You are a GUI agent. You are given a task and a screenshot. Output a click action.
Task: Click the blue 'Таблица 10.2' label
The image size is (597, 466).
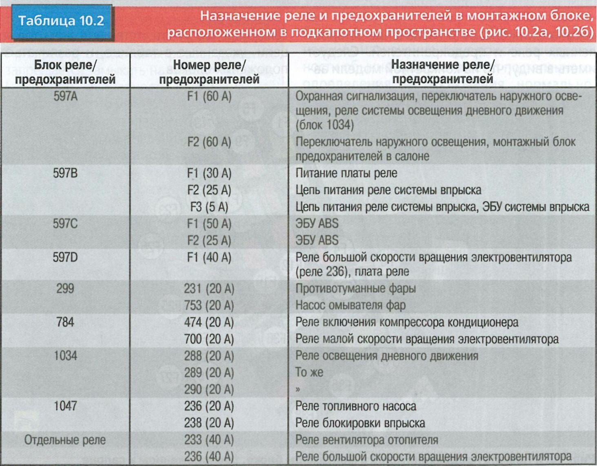[x=61, y=21]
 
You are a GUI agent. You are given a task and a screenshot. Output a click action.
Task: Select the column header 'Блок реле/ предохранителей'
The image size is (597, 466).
[x=65, y=72]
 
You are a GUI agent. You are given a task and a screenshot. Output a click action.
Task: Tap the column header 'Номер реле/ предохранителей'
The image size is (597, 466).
[x=209, y=72]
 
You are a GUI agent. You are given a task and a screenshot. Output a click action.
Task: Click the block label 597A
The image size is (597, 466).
[x=65, y=96]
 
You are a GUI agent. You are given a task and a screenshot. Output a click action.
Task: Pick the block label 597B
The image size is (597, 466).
[x=65, y=173]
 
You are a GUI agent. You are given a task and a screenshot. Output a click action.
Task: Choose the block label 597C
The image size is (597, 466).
[x=65, y=224]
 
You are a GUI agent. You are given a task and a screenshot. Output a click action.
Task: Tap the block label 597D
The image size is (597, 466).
[x=65, y=258]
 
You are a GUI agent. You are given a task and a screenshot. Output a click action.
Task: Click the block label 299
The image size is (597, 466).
[x=65, y=289]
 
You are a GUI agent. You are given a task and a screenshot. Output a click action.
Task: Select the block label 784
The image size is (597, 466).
[x=65, y=322]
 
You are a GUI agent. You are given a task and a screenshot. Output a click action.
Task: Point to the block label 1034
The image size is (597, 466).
[x=65, y=356]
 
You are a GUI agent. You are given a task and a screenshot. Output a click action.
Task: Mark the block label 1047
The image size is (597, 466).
[x=65, y=406]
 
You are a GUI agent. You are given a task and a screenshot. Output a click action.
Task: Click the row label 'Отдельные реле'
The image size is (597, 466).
[x=65, y=440]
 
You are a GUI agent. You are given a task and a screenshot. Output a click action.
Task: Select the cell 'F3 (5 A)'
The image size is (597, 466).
[x=209, y=207]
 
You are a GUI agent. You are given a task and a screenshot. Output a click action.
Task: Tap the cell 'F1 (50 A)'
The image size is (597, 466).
[x=209, y=224]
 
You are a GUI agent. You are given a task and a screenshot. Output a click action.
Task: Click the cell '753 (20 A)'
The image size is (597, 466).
[x=209, y=305]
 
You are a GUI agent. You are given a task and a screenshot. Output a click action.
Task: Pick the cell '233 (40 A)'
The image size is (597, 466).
[x=209, y=440]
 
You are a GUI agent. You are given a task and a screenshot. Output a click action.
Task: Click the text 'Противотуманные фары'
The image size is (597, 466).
[x=355, y=289]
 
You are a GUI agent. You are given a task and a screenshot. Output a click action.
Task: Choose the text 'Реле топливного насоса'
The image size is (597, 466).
[x=355, y=406]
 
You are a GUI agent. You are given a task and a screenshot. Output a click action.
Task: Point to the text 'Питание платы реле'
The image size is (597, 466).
[x=346, y=173]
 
